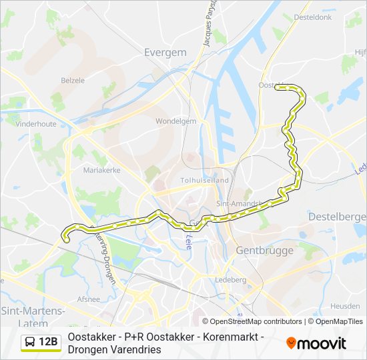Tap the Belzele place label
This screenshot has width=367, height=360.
pos(73,80)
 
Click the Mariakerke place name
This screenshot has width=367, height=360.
pos(101,170)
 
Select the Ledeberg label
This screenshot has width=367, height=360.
pos(230,279)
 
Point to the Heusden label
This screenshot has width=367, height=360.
pos(345,305)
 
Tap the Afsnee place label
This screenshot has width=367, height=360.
pos(88,299)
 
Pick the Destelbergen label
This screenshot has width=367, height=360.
pos(338,217)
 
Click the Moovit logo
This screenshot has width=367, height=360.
pos(316,343)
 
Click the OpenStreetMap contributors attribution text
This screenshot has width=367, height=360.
pos(252,321)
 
